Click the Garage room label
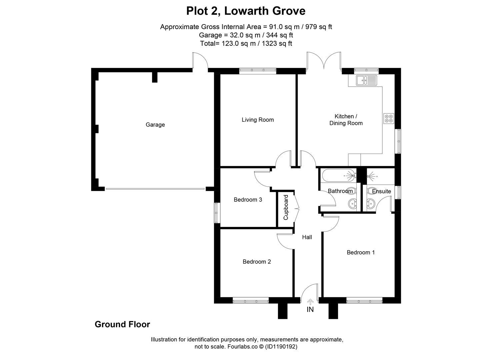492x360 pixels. [155, 125]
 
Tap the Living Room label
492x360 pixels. [258, 120]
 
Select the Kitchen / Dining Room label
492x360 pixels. [346, 120]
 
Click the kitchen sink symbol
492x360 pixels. [366, 80]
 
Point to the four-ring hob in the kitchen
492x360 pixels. [389, 118]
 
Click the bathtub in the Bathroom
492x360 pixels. [338, 175]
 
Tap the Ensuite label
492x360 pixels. [381, 191]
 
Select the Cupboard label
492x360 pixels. [286, 207]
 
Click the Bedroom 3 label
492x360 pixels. [248, 200]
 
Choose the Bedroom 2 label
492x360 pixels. [257, 262]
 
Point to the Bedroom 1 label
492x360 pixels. [361, 252]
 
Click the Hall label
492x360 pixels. [307, 237]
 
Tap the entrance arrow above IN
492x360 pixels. [310, 302]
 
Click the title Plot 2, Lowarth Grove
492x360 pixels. [246, 11]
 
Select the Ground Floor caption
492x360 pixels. [122, 324]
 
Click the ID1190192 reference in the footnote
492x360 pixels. [281, 347]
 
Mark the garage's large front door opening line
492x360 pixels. [155, 189]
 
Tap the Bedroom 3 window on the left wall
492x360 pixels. [217, 213]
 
